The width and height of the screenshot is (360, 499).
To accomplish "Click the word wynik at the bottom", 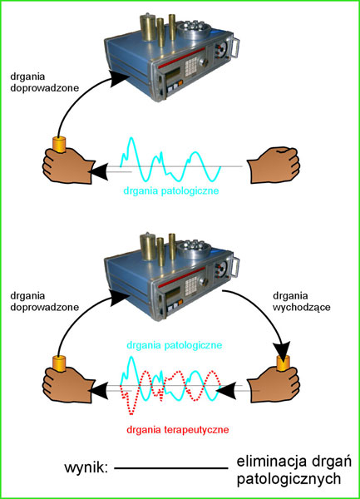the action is coord(86,467).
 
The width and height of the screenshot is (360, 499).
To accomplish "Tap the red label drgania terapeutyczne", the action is coord(177,430).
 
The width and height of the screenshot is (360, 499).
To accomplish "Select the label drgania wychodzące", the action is coord(302,301).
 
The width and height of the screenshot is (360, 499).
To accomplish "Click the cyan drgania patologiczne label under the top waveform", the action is coord(171,191).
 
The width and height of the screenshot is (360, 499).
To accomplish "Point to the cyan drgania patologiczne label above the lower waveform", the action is coord(175,345).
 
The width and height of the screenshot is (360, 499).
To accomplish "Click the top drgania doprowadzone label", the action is coord(45,82).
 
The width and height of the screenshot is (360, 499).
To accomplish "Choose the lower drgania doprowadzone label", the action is coord(45,301).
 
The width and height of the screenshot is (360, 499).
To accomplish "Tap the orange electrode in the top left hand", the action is coord(59,145).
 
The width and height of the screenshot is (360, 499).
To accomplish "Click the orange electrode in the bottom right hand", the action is coord(283,363).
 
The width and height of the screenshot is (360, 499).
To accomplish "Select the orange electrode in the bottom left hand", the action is coord(59,363).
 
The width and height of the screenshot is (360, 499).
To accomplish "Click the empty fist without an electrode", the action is coord(274,165).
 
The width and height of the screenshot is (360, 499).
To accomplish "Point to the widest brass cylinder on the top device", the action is coord(147,27).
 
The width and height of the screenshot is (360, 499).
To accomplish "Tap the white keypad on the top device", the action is coord(191,67).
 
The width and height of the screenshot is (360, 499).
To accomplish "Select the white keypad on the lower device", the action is coord(191,285).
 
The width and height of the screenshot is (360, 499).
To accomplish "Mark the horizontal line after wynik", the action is coord(171,468).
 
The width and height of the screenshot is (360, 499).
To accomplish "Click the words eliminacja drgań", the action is coord(294,462).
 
